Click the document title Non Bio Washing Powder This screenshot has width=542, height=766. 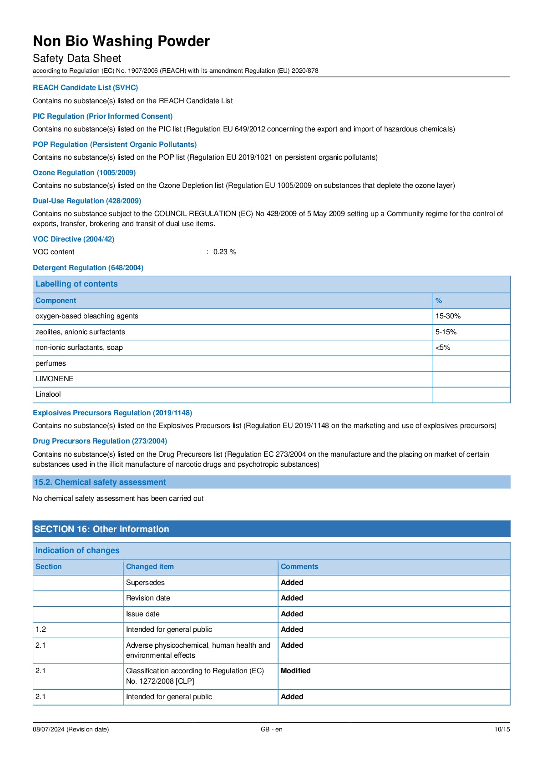pyautogui.click(x=121, y=41)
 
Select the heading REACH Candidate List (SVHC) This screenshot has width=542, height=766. pyautogui.click(x=85, y=87)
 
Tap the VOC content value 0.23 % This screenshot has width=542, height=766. pyautogui.click(x=225, y=252)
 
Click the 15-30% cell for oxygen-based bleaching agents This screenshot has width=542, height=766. pyautogui.click(x=448, y=316)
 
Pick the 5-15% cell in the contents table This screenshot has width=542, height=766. pyautogui.click(x=446, y=332)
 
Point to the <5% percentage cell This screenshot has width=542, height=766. pyautogui.click(x=443, y=348)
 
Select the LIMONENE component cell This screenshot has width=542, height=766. pyautogui.click(x=55, y=379)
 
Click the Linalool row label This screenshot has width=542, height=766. pyautogui.click(x=48, y=394)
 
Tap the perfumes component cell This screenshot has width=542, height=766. pyautogui.click(x=51, y=363)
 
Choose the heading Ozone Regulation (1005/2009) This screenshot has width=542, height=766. pyautogui.click(x=84, y=173)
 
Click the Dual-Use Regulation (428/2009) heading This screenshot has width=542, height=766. pyautogui.click(x=87, y=201)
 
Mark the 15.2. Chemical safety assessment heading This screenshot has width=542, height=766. pyautogui.click(x=100, y=482)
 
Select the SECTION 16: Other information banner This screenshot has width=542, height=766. pyautogui.click(x=101, y=529)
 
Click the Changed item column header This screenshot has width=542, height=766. pyautogui.click(x=150, y=567)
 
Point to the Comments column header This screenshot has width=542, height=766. pyautogui.click(x=299, y=567)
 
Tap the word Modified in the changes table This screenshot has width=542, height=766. pyautogui.click(x=295, y=671)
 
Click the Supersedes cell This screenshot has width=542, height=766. pyautogui.click(x=145, y=583)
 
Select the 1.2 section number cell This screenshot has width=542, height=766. pyautogui.click(x=41, y=630)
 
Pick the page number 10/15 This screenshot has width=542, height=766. pyautogui.click(x=502, y=729)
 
